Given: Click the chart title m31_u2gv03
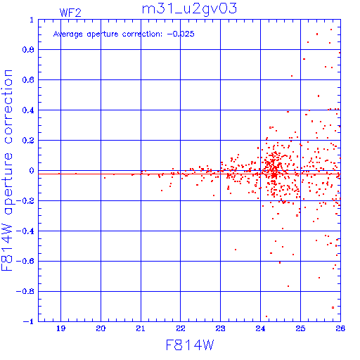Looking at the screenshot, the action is tap(189, 9).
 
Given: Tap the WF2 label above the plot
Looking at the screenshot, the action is tap(70, 13).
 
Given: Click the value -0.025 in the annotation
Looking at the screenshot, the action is tap(181, 34).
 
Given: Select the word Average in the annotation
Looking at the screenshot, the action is tap(68, 34).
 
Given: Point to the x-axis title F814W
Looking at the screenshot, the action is tap(190, 345).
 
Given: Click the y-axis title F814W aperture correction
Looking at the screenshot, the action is tap(7, 170).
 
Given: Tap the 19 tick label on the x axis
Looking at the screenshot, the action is tap(60, 328).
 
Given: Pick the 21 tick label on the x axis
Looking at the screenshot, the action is tap(141, 328).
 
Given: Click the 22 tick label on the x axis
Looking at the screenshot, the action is tap(181, 328).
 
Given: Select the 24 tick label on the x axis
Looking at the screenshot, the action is tap(260, 328).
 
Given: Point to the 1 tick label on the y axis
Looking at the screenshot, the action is tap(32, 20).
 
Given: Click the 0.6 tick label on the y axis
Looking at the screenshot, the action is tap(28, 80).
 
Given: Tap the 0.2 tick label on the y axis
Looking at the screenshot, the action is tap(28, 141).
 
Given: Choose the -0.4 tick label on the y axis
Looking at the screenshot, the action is tap(25, 231).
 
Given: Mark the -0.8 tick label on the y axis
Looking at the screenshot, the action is tap(25, 291).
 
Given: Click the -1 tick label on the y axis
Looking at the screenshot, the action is tap(29, 321).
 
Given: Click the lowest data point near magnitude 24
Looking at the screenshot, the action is tap(266, 316).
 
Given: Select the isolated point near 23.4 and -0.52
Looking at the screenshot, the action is tap(236, 250).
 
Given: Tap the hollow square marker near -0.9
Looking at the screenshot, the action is tap(333, 307).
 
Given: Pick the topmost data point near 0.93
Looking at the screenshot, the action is tap(331, 30).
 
